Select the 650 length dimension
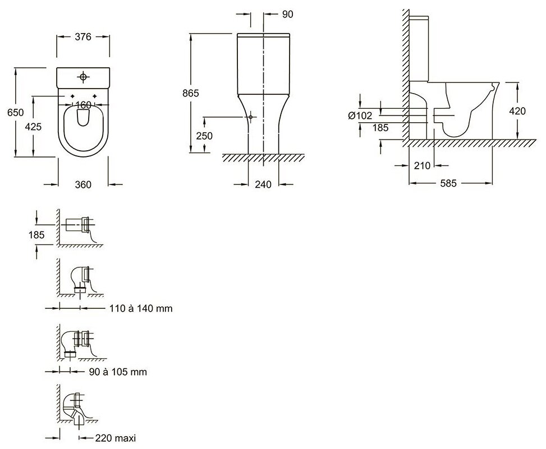click(x=15, y=113)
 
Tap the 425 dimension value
click(x=34, y=127)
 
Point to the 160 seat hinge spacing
click(x=83, y=105)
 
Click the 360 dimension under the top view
click(x=83, y=184)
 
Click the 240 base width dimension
click(x=263, y=184)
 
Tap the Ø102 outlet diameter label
click(x=360, y=115)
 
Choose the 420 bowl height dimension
click(x=517, y=111)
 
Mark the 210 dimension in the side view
click(x=421, y=166)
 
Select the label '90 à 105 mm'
click(x=121, y=372)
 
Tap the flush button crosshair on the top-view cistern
click(x=83, y=76)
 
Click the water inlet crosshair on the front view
click(x=251, y=117)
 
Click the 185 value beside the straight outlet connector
click(x=36, y=235)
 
